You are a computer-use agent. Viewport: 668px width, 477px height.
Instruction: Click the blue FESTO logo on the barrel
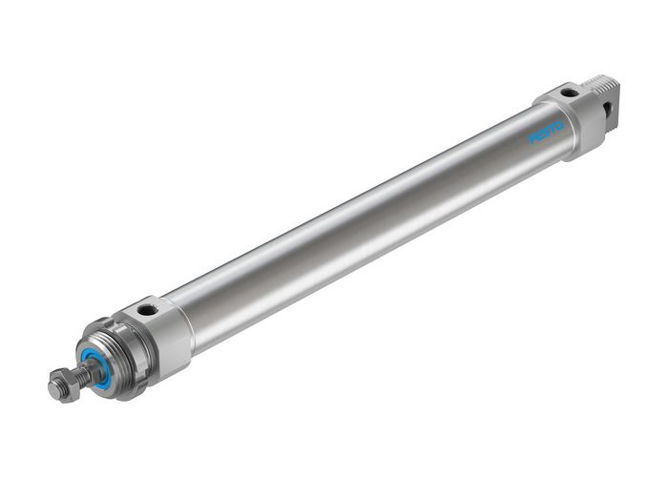(x=548, y=132)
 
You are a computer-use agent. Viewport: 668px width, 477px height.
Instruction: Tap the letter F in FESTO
(x=534, y=139)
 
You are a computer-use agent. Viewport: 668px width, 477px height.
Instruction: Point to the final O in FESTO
(x=560, y=124)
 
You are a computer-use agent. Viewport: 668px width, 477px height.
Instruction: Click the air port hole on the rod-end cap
(x=146, y=310)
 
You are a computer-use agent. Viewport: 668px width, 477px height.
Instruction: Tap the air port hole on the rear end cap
(x=569, y=93)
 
